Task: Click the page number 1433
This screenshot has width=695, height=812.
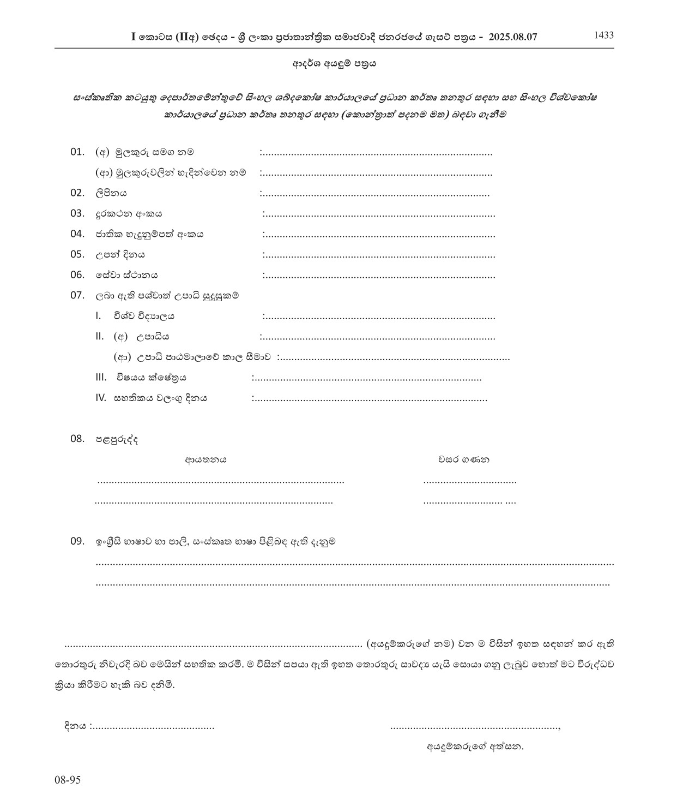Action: click(603, 35)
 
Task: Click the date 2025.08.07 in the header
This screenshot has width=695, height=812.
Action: click(513, 37)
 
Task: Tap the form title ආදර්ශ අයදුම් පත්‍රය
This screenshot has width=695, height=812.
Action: click(333, 63)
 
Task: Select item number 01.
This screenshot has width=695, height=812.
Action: click(77, 152)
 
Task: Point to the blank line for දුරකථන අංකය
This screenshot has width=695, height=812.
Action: click(378, 214)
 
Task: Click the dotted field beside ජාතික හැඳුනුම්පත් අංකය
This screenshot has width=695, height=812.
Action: click(378, 235)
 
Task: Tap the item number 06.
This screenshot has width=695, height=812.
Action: click(77, 275)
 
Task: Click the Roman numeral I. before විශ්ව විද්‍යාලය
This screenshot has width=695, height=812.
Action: click(98, 316)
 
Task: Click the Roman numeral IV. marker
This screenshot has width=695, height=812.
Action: click(100, 398)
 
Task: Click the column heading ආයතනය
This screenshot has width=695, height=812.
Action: click(206, 459)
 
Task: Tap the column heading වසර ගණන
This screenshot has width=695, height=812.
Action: click(464, 459)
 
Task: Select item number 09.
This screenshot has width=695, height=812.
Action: click(77, 541)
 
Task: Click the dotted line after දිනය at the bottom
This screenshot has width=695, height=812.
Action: click(153, 727)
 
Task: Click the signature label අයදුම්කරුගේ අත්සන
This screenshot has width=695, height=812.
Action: click(475, 747)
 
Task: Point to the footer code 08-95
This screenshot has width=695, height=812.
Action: click(68, 780)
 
